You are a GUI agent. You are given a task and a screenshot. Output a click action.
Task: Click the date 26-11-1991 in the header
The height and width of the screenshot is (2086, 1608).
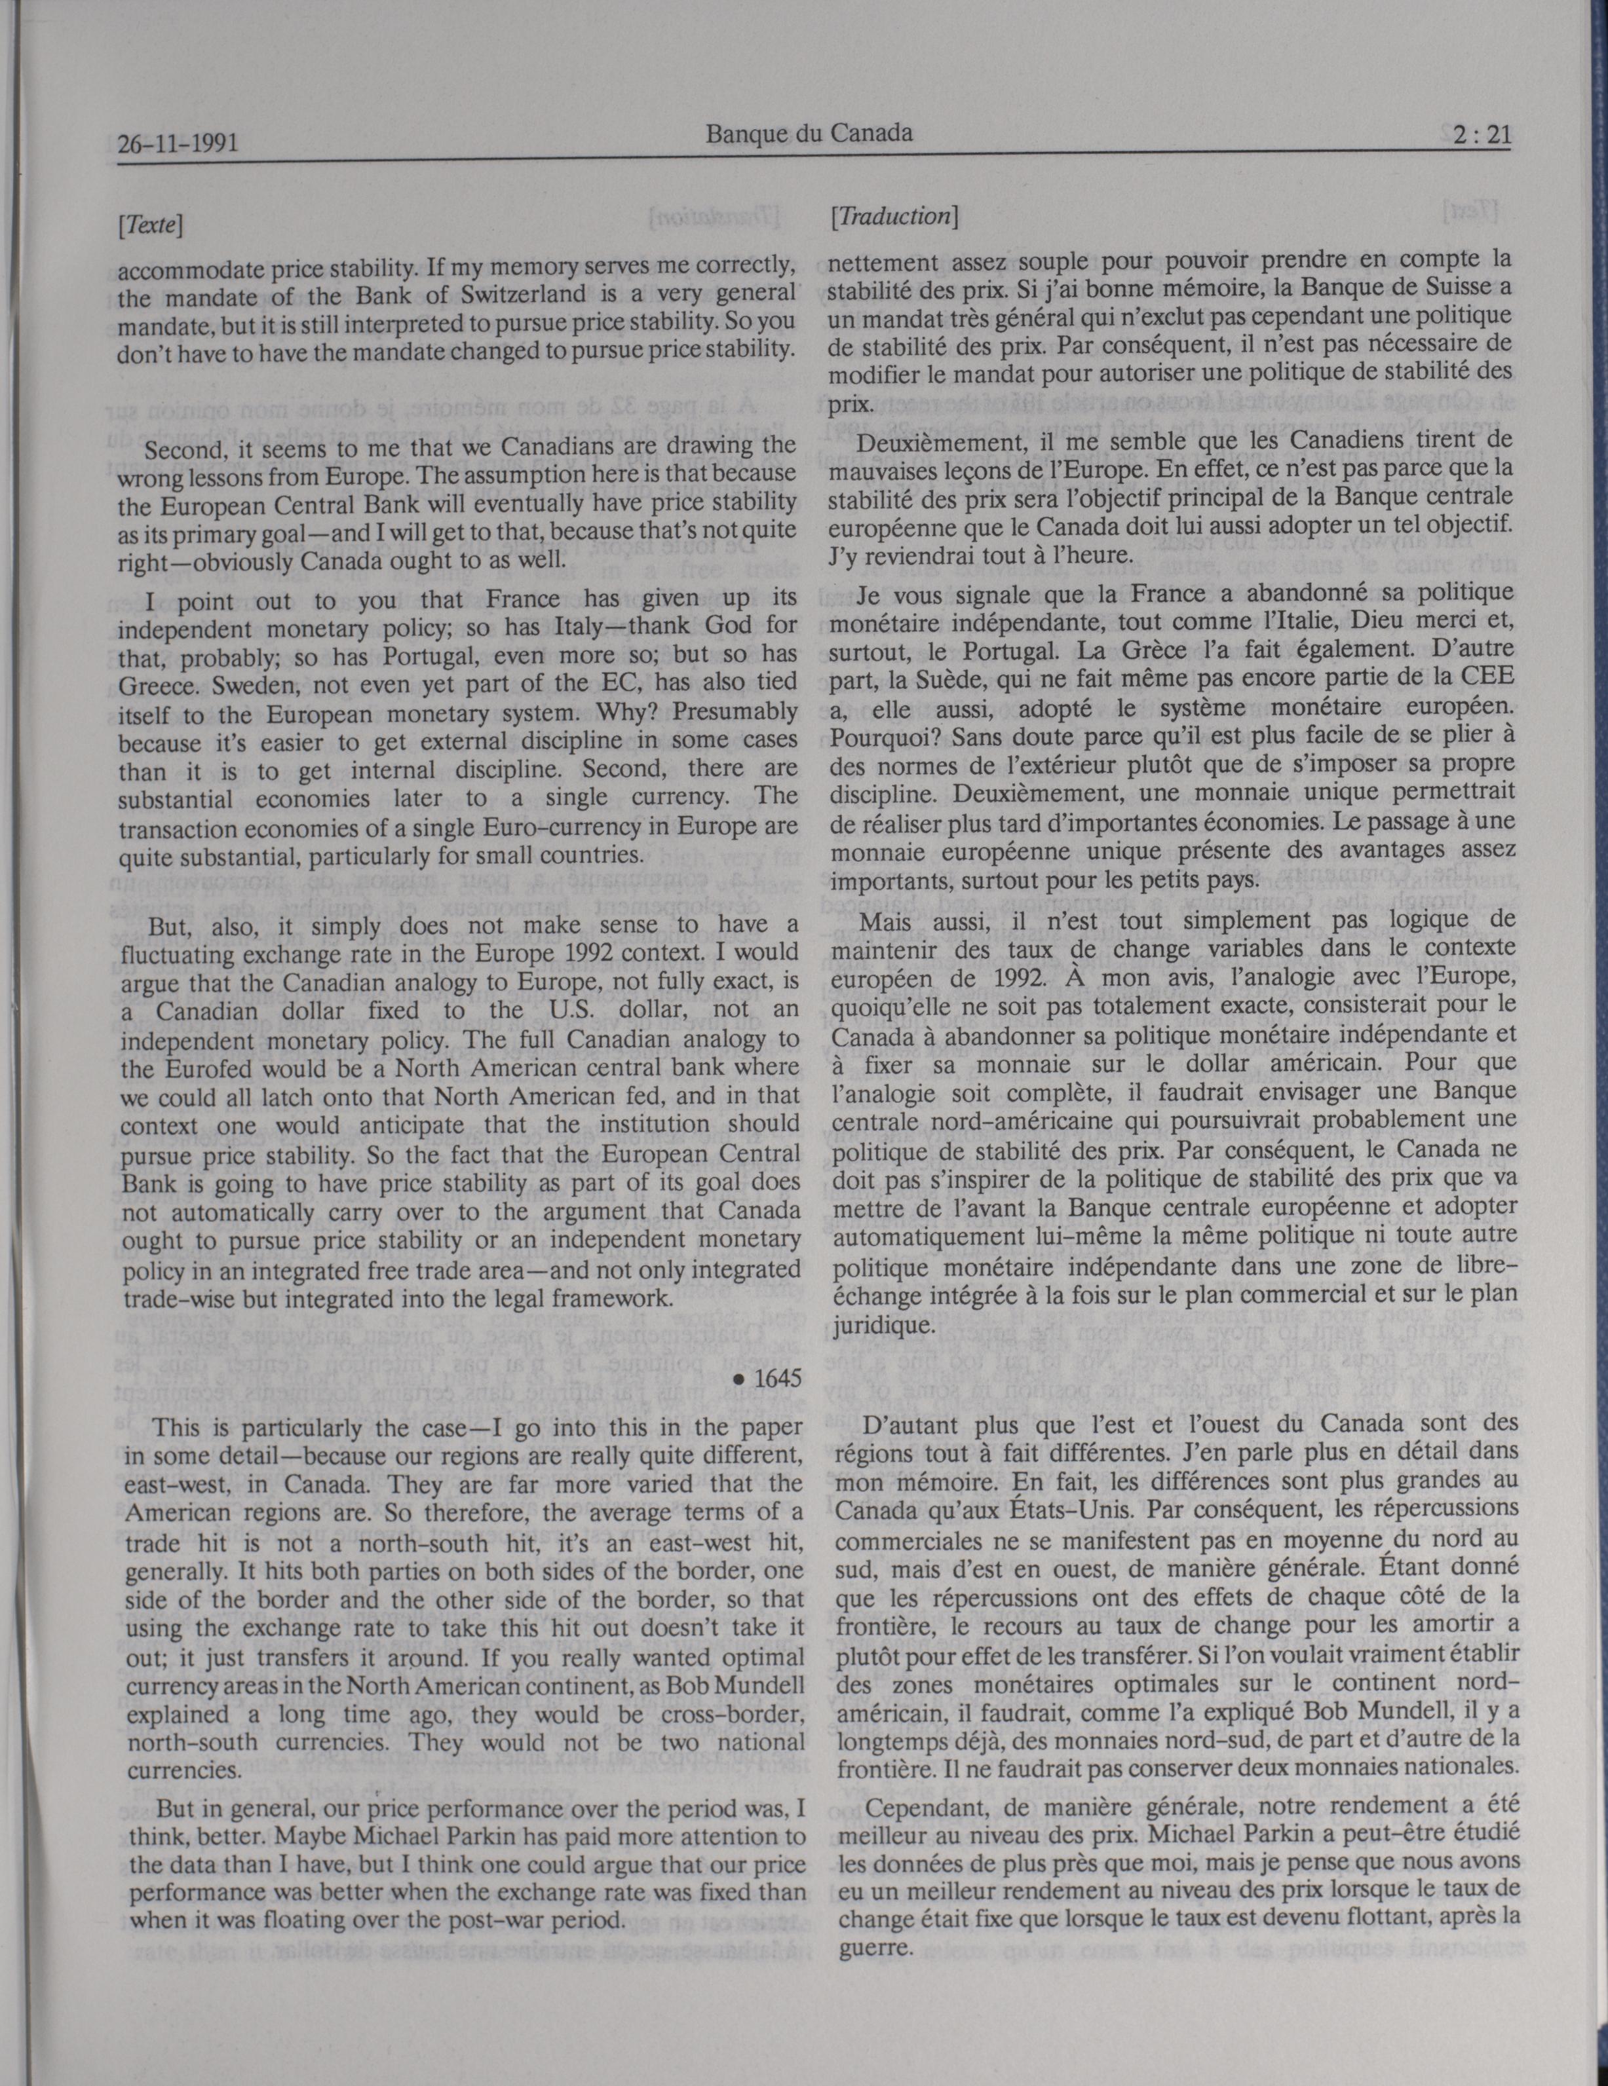pyautogui.click(x=178, y=144)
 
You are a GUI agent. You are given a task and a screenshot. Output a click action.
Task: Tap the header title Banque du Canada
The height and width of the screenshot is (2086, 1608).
pyautogui.click(x=809, y=134)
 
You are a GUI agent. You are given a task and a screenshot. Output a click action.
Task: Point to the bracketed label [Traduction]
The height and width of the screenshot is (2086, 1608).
pyautogui.click(x=893, y=217)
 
